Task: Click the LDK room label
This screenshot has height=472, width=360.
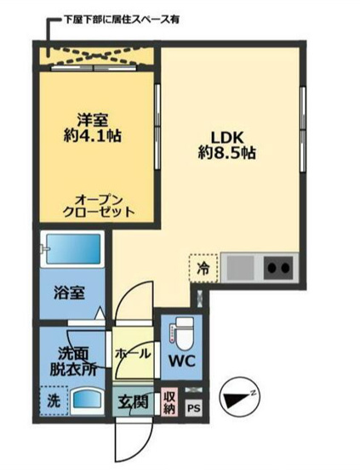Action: pos(227,138)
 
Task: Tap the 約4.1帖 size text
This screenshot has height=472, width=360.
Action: pos(93,136)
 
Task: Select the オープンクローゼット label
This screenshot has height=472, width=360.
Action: pos(99,206)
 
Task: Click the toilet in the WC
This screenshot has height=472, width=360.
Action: pos(180,330)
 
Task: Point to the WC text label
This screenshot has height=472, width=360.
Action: pos(182,361)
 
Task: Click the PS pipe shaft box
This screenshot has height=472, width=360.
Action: pos(194,408)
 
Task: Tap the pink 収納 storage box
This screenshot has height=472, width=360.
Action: pos(169,402)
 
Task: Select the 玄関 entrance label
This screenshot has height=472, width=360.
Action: pos(133,401)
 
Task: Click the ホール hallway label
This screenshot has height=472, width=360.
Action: pos(133,353)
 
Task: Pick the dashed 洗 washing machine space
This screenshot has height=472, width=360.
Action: pos(54,401)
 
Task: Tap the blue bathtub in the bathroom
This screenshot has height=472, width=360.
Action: pos(73,249)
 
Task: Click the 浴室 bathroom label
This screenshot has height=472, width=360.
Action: pos(69,293)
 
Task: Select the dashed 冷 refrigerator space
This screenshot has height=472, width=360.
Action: pos(203,268)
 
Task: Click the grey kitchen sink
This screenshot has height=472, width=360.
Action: pos(240,267)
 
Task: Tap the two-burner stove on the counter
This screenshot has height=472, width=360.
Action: pos(278,267)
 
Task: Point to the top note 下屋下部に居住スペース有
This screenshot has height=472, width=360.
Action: pos(122,20)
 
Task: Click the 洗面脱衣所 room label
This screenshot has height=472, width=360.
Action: pos(73,361)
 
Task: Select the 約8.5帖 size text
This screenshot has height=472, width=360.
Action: pos(227,153)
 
